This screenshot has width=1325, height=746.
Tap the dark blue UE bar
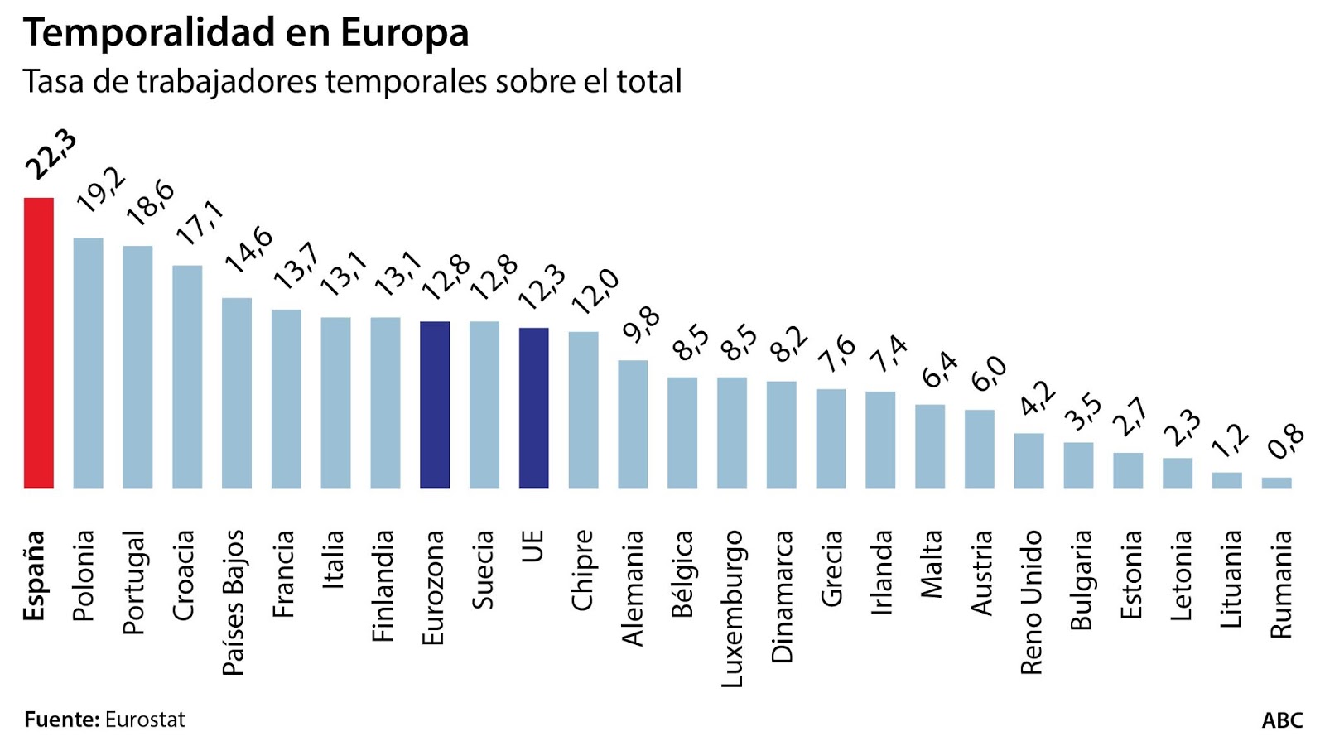(x=533, y=407)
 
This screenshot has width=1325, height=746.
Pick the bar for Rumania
(x=1276, y=482)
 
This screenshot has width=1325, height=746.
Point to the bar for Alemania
(x=633, y=424)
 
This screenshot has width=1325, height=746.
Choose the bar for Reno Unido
(x=1029, y=460)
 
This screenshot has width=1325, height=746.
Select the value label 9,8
(x=642, y=324)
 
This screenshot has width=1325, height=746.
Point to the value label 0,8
(x=1286, y=441)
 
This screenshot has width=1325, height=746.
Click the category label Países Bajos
(x=234, y=602)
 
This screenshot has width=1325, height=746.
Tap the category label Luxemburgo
(x=732, y=609)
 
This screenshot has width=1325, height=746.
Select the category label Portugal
(x=134, y=582)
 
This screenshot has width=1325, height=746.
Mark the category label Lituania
(x=1231, y=579)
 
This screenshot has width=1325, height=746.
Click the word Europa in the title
(x=404, y=33)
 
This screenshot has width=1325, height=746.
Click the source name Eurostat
(x=145, y=720)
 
